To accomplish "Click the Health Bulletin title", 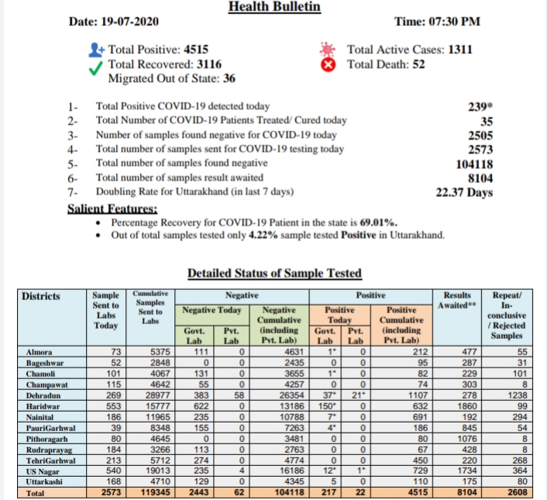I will (x=274, y=8).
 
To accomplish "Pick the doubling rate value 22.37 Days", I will (x=464, y=192).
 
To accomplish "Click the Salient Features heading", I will (x=113, y=209).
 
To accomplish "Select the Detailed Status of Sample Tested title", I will (x=274, y=273).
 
